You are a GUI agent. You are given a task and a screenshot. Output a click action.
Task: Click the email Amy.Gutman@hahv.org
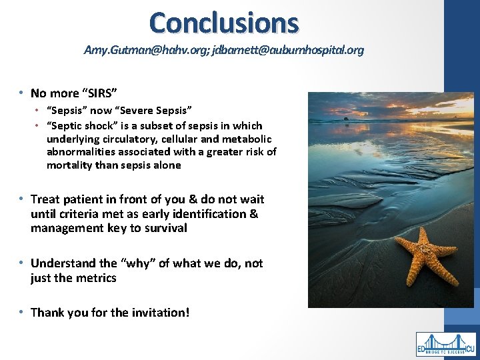(146, 50)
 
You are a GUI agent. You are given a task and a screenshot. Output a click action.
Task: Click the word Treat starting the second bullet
(45, 199)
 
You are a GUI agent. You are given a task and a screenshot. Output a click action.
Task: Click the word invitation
(159, 312)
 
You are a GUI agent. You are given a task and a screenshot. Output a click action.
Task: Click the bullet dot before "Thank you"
(22, 312)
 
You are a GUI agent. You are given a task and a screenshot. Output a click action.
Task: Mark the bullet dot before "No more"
(22, 93)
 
